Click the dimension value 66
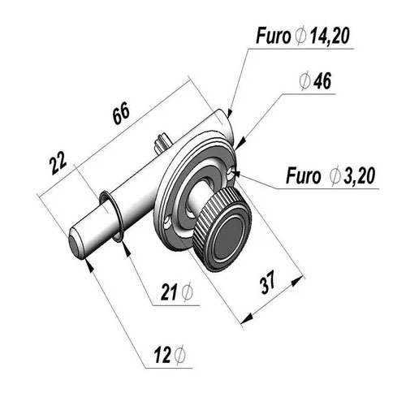121,114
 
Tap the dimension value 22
58,162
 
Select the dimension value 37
268,282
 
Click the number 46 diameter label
322,80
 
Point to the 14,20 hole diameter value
330,36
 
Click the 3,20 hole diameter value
359,175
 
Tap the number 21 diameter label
169,292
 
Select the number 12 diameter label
162,355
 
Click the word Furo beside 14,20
273,36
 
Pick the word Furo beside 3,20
303,175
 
